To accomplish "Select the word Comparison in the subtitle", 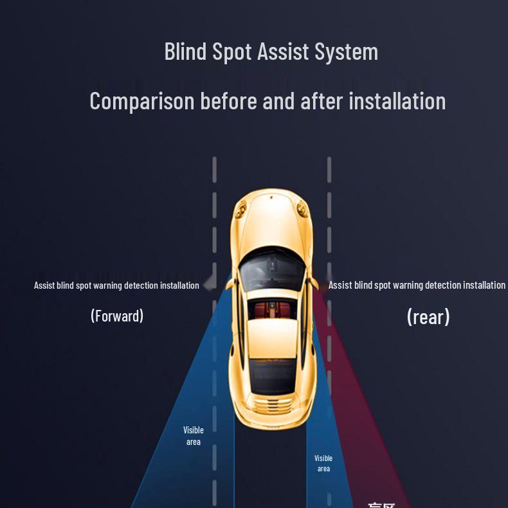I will click(x=141, y=102).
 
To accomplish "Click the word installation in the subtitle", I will click(x=397, y=101).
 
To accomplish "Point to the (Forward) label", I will click(x=117, y=316).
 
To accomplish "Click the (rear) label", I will click(x=428, y=316).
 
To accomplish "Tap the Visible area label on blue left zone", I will click(x=194, y=436).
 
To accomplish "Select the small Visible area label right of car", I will click(x=323, y=464).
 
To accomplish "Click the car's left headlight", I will click(x=240, y=207).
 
